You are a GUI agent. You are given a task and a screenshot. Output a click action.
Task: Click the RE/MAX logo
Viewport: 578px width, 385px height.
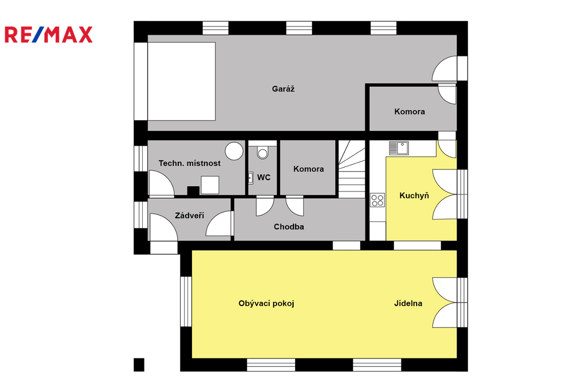click(49, 34)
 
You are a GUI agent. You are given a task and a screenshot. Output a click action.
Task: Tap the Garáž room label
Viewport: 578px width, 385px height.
click(283, 89)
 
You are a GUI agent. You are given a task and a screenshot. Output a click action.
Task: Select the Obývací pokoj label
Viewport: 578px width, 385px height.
click(266, 304)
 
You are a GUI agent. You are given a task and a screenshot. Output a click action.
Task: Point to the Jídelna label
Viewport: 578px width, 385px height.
click(408, 304)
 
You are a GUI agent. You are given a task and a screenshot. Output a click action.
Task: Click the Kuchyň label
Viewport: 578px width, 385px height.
click(414, 195)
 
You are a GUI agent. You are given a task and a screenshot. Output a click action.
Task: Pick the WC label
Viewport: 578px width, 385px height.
click(264, 177)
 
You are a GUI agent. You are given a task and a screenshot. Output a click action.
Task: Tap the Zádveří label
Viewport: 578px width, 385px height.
click(190, 216)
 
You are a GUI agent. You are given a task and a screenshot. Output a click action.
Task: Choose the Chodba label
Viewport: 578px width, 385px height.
click(288, 227)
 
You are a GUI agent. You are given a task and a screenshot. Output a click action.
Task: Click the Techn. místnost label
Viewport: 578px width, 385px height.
click(190, 163)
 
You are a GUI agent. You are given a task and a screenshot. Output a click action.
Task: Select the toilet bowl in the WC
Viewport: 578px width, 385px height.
click(262, 152)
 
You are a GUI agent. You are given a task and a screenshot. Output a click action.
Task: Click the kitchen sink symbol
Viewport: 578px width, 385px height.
click(399, 148)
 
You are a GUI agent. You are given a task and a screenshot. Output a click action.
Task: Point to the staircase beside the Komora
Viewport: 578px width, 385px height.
click(352, 169)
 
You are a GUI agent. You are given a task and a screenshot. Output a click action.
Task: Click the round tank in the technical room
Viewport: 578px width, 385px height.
click(234, 151)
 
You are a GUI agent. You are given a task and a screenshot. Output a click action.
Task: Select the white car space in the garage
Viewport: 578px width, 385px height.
click(181, 81)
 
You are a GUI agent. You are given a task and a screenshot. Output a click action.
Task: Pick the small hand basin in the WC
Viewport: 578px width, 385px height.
click(250, 178)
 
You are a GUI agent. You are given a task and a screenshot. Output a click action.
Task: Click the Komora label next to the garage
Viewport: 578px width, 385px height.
click(410, 111)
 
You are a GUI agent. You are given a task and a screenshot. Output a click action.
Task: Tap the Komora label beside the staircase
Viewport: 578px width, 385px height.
click(309, 169)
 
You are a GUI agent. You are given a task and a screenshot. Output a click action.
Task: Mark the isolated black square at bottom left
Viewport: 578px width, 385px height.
click(139, 365)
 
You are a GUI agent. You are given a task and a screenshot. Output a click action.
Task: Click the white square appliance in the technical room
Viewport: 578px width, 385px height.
click(210, 185)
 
